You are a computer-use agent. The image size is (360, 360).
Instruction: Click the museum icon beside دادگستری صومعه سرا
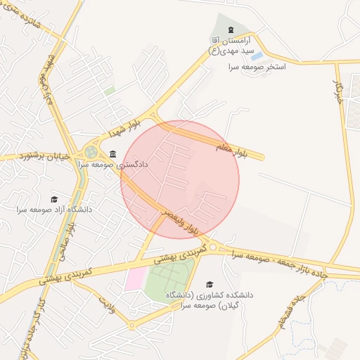tap(113, 153)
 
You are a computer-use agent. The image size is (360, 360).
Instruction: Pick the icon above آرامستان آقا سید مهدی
tap(231, 28)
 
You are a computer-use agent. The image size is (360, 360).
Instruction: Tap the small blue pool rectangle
tap(257, 56)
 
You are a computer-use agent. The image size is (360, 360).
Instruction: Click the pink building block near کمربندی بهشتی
tap(134, 278)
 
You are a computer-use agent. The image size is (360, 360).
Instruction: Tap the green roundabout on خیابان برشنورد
tap(91, 151)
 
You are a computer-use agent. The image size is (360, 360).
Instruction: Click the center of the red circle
tap(180, 180)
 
